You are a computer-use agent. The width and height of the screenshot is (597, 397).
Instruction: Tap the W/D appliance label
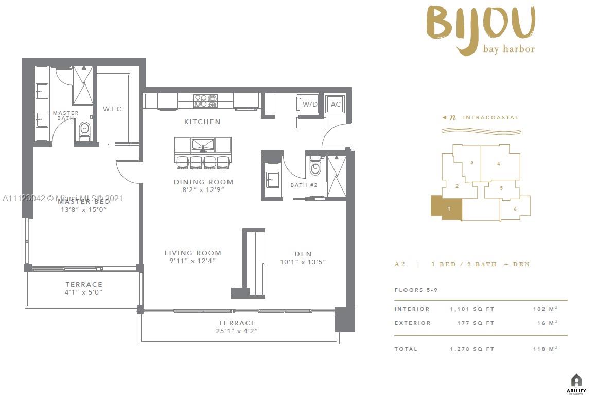point(309,105)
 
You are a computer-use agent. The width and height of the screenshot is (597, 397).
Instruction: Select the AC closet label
point(336,105)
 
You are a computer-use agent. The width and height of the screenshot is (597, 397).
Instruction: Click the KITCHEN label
point(203,122)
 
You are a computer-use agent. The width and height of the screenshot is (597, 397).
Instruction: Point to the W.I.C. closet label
point(113,109)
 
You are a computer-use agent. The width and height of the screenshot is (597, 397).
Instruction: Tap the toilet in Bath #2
point(315,167)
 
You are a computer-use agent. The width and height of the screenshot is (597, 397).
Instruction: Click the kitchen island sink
point(203,144)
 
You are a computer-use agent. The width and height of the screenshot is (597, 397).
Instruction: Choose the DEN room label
point(303,254)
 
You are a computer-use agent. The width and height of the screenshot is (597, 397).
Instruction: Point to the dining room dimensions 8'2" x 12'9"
point(203,190)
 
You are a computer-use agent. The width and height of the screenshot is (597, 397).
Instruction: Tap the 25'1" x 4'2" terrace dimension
point(237,331)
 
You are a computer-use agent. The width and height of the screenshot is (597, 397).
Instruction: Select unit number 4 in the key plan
point(498,164)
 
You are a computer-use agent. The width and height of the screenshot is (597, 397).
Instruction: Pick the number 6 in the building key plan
point(515,209)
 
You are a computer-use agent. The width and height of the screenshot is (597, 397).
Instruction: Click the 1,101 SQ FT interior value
point(471,309)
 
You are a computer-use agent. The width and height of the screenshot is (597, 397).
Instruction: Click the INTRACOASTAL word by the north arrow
point(490,118)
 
